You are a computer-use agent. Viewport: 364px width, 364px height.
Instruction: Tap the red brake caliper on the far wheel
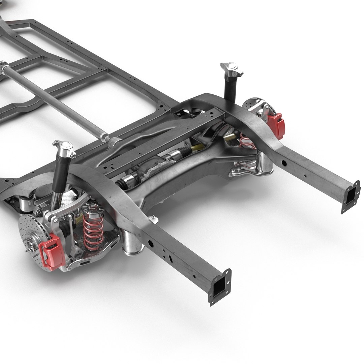point(277,125)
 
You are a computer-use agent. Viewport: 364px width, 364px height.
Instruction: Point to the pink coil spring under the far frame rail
point(247,141)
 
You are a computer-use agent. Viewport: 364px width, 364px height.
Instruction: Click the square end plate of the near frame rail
point(220,287)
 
